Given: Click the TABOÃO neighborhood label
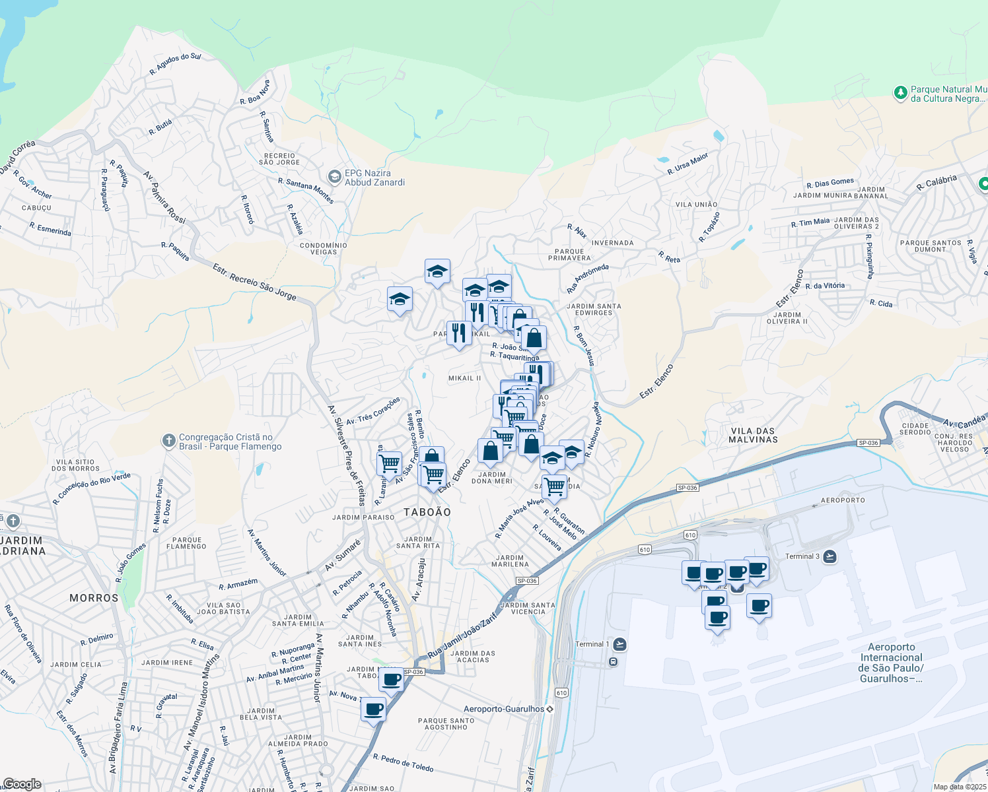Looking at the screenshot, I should (427, 512).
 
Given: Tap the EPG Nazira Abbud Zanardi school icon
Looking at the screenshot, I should (335, 177).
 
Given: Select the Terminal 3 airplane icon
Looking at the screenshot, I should (829, 556).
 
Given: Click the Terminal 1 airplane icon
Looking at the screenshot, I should (619, 644).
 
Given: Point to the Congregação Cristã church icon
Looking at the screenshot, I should (169, 441).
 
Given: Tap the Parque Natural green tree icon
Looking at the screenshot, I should (900, 93).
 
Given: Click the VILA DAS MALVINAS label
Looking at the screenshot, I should (754, 435).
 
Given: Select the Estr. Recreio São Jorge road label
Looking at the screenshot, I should (254, 282).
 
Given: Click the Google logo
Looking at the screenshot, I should (22, 784).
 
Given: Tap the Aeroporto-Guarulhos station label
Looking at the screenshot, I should (504, 709).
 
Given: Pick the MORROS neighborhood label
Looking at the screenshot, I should (94, 598).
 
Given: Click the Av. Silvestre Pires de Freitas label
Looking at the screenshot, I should (346, 455).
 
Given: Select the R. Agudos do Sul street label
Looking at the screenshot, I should (175, 63).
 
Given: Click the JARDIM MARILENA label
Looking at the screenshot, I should (511, 561).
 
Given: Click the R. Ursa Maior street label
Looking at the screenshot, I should (688, 164).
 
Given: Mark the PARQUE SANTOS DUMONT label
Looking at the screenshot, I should (931, 246).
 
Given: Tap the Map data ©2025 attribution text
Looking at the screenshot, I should (960, 787).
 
